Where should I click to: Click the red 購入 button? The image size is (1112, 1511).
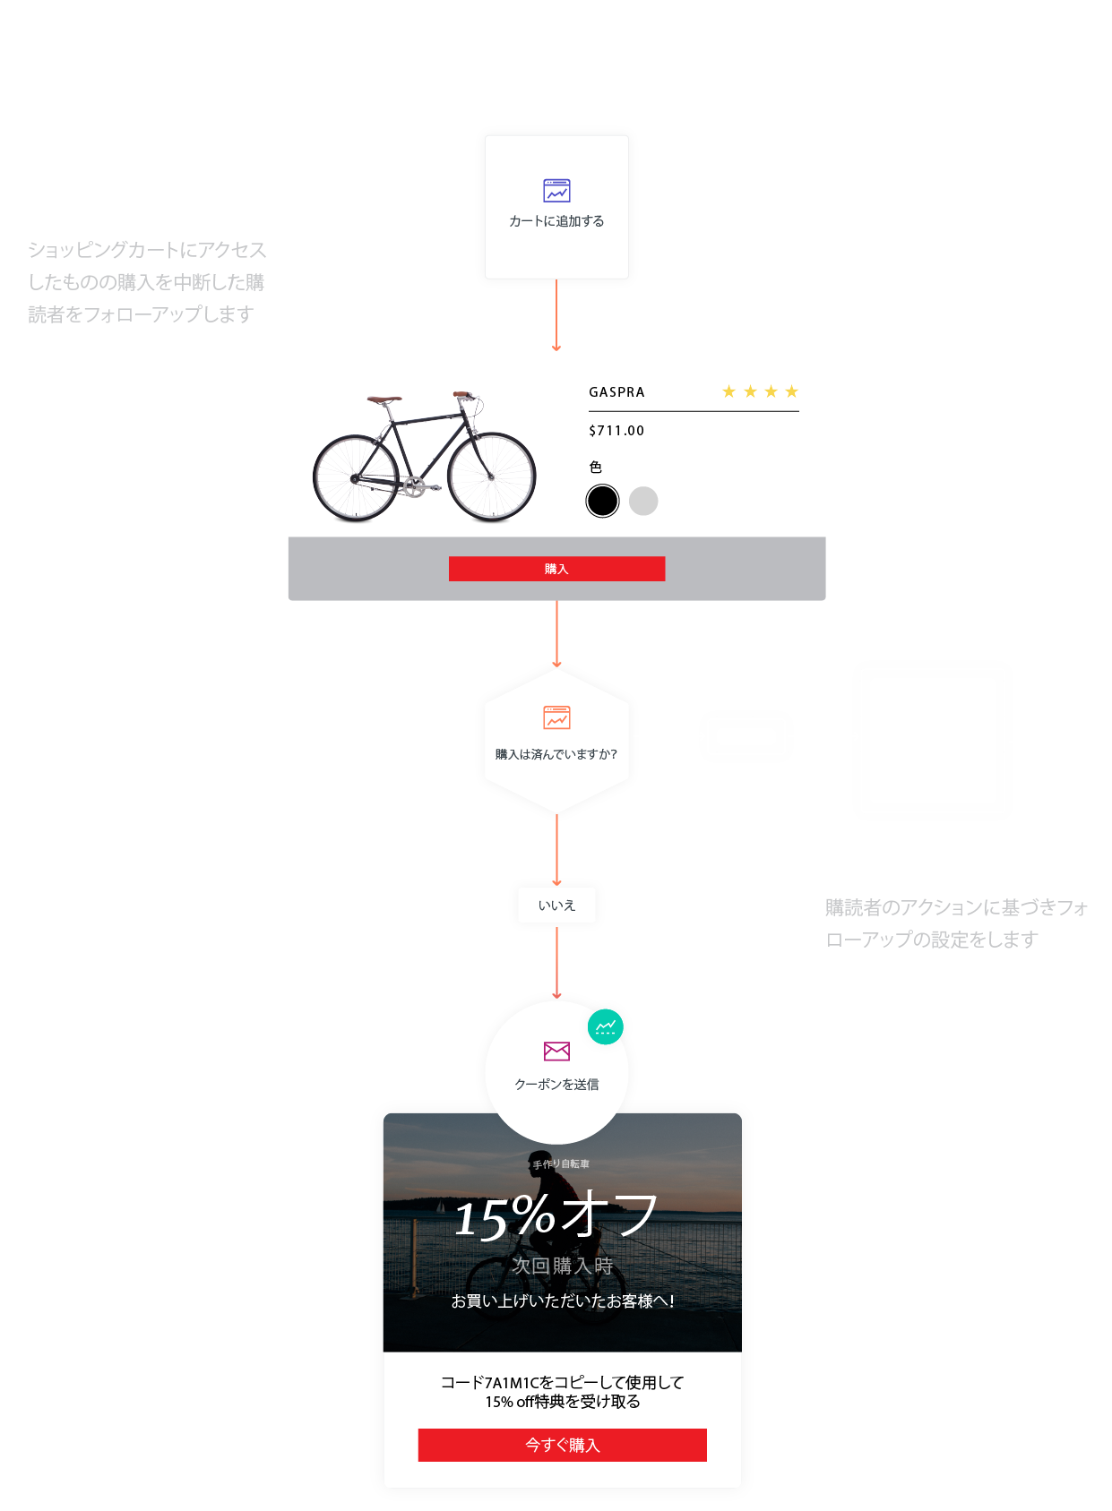click(556, 569)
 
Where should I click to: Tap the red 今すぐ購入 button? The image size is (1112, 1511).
click(562, 1445)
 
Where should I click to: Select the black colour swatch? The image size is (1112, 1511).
click(602, 501)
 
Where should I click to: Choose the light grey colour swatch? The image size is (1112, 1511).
click(643, 501)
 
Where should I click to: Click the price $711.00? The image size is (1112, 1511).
click(616, 431)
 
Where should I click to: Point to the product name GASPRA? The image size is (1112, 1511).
click(616, 392)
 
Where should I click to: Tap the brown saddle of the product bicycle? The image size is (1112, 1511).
click(384, 399)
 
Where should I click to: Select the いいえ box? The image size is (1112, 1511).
click(556, 906)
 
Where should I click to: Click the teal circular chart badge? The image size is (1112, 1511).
click(606, 1026)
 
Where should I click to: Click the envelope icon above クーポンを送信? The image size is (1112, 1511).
click(556, 1051)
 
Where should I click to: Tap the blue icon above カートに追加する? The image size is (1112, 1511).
click(556, 191)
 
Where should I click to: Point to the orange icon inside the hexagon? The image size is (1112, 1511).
click(556, 717)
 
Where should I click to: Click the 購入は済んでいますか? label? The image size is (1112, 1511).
click(556, 754)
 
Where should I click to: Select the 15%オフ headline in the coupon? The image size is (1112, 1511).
click(556, 1216)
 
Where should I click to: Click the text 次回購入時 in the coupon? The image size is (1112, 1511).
click(562, 1266)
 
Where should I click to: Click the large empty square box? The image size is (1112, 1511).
click(932, 741)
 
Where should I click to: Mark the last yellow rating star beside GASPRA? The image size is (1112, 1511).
click(791, 391)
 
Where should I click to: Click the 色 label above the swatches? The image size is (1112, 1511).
click(596, 467)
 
